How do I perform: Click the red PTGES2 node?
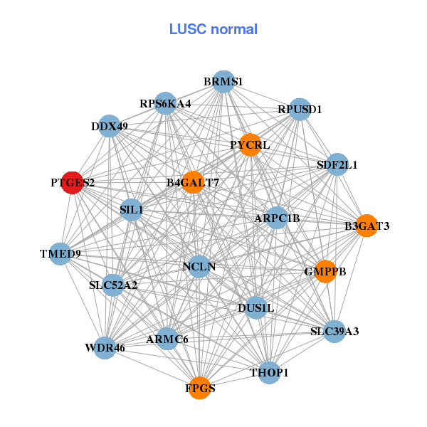(x=72, y=182)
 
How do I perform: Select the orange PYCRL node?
(x=251, y=144)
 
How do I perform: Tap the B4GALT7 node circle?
(x=193, y=182)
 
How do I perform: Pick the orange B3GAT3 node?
(x=367, y=226)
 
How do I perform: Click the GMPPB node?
(x=325, y=271)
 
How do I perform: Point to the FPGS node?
(x=200, y=388)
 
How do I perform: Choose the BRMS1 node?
(x=223, y=81)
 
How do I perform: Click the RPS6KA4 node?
(x=165, y=103)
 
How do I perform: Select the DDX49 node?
(x=109, y=126)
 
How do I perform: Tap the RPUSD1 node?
(x=300, y=109)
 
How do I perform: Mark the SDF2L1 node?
(x=337, y=164)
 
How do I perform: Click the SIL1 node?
(x=132, y=210)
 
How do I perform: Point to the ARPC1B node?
(x=277, y=217)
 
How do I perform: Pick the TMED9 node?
(x=60, y=253)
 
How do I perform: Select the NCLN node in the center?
(x=199, y=267)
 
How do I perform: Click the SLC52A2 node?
(x=113, y=285)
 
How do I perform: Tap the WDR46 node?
(x=105, y=348)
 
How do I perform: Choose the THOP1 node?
(x=269, y=372)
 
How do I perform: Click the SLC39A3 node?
(x=334, y=331)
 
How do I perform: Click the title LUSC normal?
(x=213, y=29)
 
